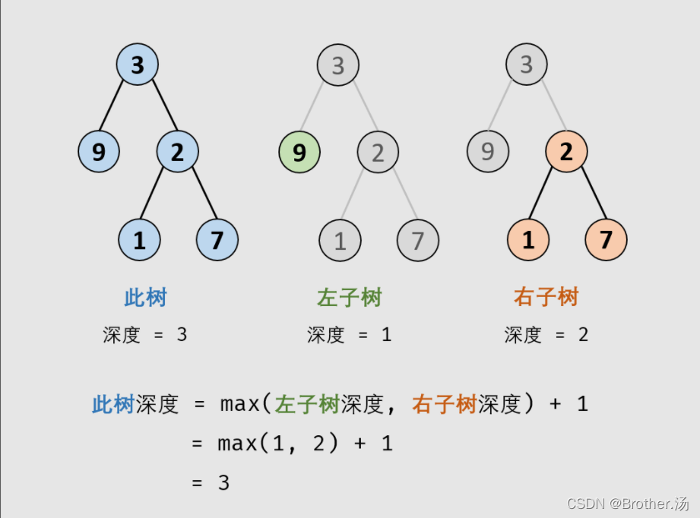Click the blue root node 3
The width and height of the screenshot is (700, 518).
(x=137, y=65)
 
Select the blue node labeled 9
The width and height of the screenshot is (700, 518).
(x=99, y=152)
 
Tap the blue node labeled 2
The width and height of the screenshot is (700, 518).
(x=177, y=152)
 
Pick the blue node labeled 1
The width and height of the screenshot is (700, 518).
(x=139, y=240)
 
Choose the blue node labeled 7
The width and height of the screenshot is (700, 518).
(x=217, y=240)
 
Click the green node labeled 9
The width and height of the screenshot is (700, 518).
(x=299, y=152)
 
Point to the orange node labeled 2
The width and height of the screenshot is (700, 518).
(x=566, y=152)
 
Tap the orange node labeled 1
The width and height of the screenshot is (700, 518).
(x=528, y=240)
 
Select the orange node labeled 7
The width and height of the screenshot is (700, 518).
(x=606, y=240)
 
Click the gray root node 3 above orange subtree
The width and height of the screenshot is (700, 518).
(x=527, y=65)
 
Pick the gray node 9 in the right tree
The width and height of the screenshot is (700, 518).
(x=488, y=152)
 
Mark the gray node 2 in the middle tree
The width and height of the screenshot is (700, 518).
(x=378, y=152)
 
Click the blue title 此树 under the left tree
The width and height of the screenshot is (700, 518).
(x=145, y=297)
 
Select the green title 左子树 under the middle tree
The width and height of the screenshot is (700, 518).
(x=349, y=297)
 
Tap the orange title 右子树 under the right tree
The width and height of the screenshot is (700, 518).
(x=546, y=297)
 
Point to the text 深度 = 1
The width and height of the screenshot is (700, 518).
(x=349, y=334)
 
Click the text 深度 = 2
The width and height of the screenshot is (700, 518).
(x=546, y=334)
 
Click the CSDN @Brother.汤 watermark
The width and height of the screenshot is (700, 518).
(x=629, y=504)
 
